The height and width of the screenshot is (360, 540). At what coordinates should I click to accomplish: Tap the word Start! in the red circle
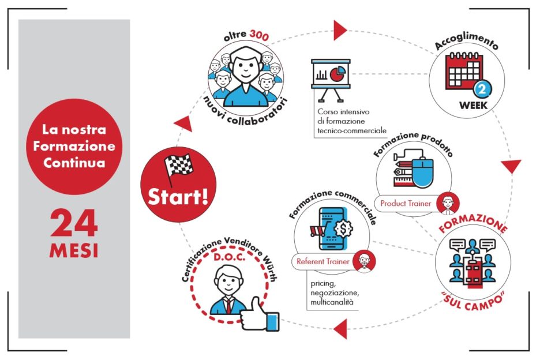click(x=178, y=197)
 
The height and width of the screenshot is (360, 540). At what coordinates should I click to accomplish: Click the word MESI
click(x=74, y=250)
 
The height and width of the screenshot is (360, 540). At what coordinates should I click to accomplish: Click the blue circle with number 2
click(x=482, y=89)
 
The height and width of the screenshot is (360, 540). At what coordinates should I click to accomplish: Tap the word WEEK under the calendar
click(x=474, y=105)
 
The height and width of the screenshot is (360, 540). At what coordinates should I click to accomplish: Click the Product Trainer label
click(x=406, y=203)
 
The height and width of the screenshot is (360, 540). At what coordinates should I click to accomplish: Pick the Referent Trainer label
click(x=322, y=261)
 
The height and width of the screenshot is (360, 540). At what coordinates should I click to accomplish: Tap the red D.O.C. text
click(x=230, y=257)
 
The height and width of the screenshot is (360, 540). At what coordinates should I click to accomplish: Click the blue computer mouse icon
click(x=422, y=171)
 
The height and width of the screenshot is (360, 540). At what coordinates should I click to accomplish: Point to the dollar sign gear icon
click(x=343, y=228)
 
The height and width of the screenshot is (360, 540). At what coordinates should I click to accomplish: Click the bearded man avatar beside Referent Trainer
click(x=364, y=261)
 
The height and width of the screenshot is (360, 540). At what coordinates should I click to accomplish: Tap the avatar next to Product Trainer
click(x=448, y=203)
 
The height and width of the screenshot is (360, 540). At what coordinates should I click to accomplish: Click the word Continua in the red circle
click(x=74, y=163)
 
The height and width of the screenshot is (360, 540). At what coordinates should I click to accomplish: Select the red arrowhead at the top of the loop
click(x=340, y=31)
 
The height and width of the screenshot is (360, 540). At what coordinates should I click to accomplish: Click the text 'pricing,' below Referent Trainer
click(x=322, y=284)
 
